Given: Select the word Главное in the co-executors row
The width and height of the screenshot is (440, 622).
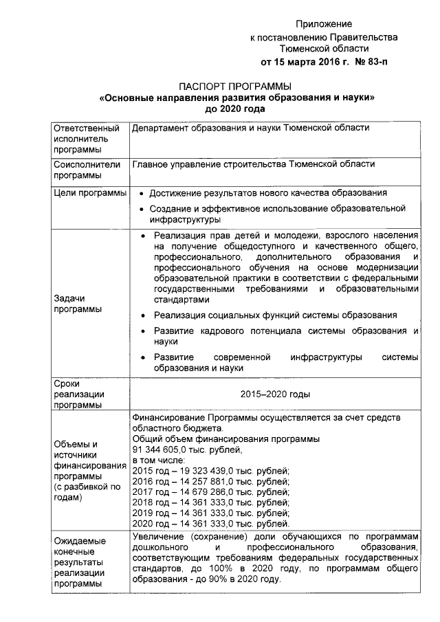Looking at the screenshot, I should coord(150,165).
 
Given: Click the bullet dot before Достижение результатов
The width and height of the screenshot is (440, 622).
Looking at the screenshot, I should coord(141,195).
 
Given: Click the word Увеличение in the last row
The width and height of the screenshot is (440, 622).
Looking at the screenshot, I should coord(157,536).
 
